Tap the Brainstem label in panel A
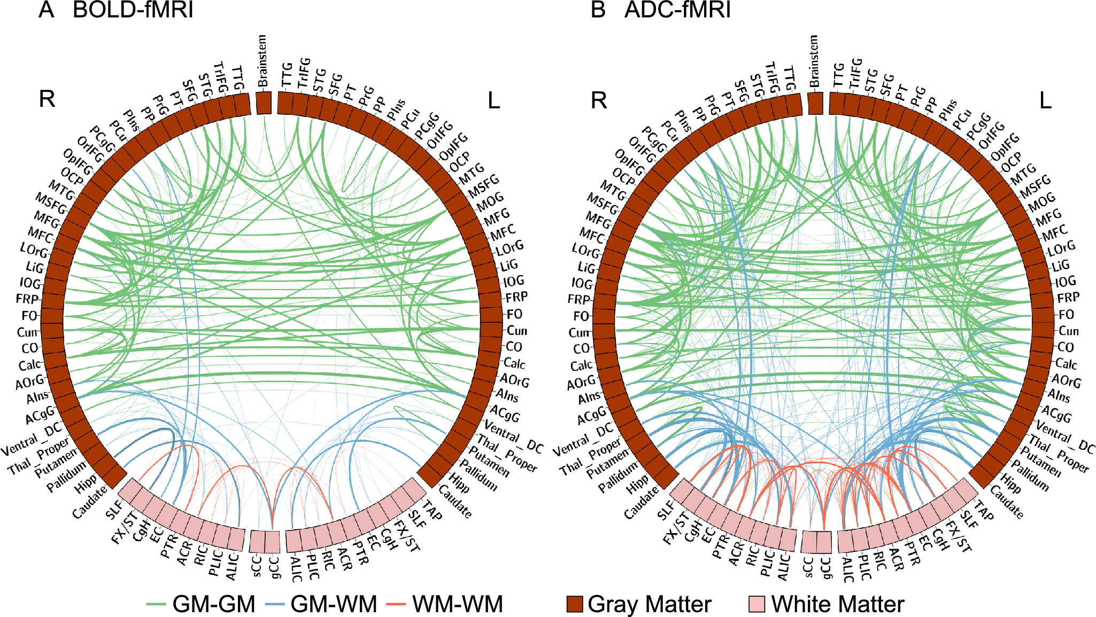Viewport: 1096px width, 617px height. point(262,61)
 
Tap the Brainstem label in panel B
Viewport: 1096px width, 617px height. point(814,61)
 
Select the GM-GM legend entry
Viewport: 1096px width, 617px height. point(214,604)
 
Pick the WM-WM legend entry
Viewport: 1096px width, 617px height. point(457,604)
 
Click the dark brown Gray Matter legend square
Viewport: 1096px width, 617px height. point(575,604)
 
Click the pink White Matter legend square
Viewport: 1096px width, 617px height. point(757,604)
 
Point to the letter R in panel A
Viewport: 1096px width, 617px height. point(47,99)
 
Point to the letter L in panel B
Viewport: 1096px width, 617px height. point(1045,100)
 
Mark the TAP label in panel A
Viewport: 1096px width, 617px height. point(432,510)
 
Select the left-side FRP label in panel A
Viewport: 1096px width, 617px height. point(27,299)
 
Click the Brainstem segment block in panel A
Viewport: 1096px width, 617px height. point(264,103)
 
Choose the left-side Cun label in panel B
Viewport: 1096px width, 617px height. point(578,333)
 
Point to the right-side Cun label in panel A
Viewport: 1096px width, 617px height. point(517,331)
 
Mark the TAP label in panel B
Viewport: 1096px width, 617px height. point(984,510)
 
